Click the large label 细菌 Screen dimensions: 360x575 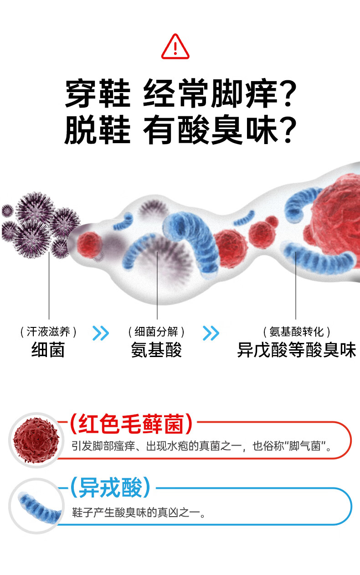point(48,350)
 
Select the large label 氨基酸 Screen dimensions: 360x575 point(156,350)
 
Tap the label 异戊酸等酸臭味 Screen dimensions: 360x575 point(296,350)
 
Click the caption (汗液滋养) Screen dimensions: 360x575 point(48,332)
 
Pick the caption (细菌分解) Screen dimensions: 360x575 point(156,332)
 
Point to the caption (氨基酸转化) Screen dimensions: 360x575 point(297,332)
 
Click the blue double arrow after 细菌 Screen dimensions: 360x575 point(101,333)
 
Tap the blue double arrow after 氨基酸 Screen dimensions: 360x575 point(211,333)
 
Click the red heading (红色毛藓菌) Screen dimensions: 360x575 point(131,424)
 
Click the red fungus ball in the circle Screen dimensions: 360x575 point(36,440)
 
